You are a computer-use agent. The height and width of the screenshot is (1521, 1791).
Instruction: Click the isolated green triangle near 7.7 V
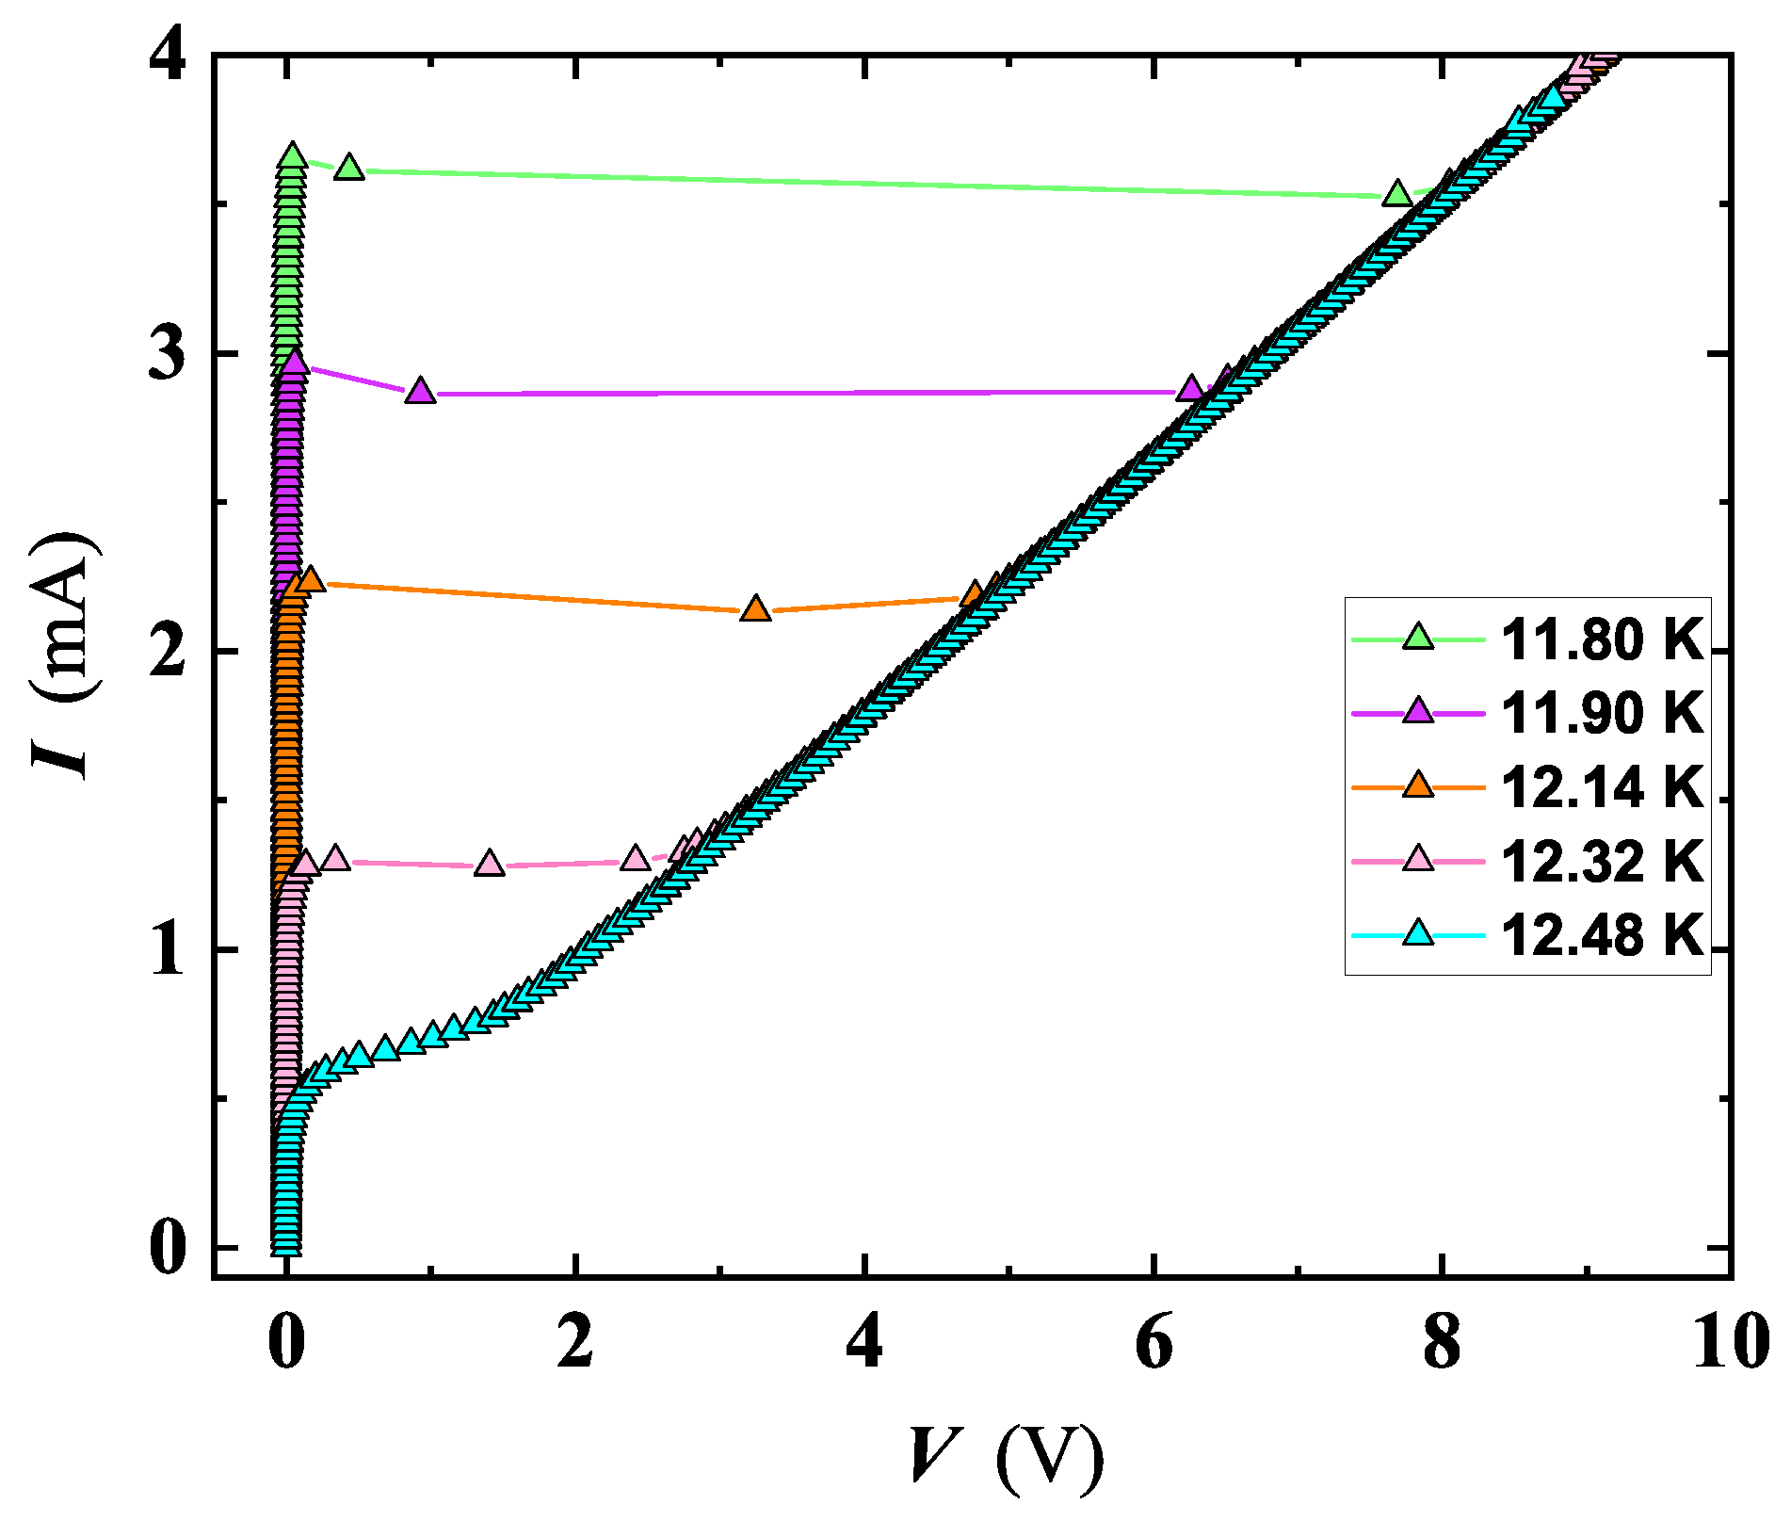click(1397, 195)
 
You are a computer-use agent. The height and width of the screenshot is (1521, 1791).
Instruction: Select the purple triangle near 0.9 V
click(420, 392)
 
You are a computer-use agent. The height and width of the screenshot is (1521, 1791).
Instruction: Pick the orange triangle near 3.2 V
click(755, 609)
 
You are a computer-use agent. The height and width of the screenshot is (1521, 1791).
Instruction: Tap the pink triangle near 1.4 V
click(489, 864)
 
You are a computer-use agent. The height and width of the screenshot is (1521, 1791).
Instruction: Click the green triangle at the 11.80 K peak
click(292, 156)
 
